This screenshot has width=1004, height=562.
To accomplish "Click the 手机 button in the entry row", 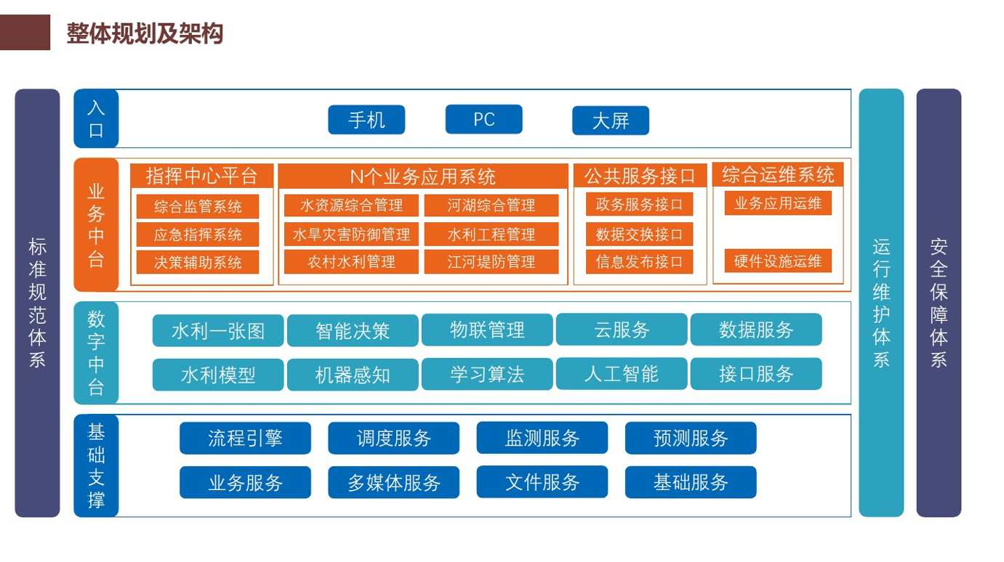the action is (x=366, y=120).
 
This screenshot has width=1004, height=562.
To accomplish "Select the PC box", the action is (x=483, y=119).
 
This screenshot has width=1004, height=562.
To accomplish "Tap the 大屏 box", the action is (x=611, y=121).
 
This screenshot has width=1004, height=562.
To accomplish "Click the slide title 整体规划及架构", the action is (x=145, y=33).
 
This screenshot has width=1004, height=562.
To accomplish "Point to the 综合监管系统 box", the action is (x=198, y=206).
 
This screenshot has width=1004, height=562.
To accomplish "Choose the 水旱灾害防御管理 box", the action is (x=351, y=235).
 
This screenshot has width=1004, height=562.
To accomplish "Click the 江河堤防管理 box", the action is (x=491, y=261).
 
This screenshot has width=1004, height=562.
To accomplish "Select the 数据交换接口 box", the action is (x=639, y=235).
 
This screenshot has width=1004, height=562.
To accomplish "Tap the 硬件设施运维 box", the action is (x=778, y=261).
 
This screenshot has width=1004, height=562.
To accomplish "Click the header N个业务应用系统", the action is (x=422, y=176).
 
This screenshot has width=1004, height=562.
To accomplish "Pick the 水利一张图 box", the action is (x=218, y=330).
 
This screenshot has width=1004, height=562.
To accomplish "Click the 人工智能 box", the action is (x=621, y=373).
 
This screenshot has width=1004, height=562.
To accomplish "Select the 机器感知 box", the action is (x=353, y=375).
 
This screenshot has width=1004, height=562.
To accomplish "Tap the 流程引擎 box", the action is (x=245, y=438).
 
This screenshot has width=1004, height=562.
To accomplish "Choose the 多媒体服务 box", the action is (x=393, y=482).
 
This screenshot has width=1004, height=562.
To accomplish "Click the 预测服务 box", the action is (x=691, y=438).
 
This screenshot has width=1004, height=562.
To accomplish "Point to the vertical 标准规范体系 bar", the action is (x=37, y=303).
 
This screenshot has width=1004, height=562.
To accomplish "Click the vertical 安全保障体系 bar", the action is (x=939, y=303).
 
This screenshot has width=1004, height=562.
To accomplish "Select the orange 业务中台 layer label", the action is (x=96, y=225).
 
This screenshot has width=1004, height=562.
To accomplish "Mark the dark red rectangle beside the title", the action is (x=25, y=32).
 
